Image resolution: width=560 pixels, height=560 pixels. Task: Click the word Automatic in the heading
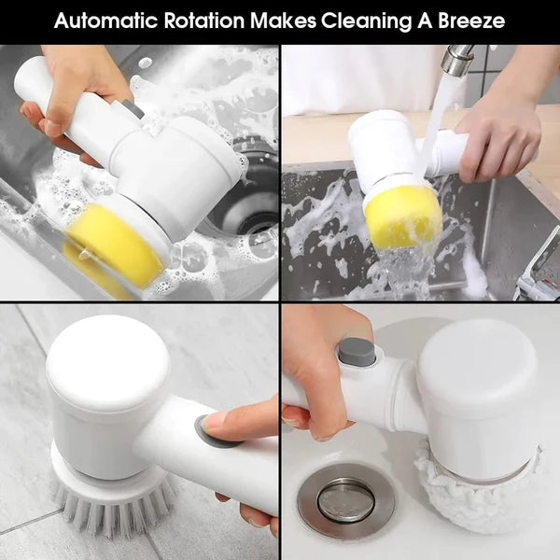(102, 21)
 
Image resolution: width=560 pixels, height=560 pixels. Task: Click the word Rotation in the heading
(200, 21)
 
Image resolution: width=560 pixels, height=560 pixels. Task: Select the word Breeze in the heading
(472, 21)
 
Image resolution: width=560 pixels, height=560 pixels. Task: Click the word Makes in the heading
(275, 21)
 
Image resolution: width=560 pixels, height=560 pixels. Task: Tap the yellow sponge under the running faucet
(401, 216)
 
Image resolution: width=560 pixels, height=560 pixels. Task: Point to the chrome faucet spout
(457, 60)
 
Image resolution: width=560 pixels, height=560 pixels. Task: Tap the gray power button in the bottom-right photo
(357, 351)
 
